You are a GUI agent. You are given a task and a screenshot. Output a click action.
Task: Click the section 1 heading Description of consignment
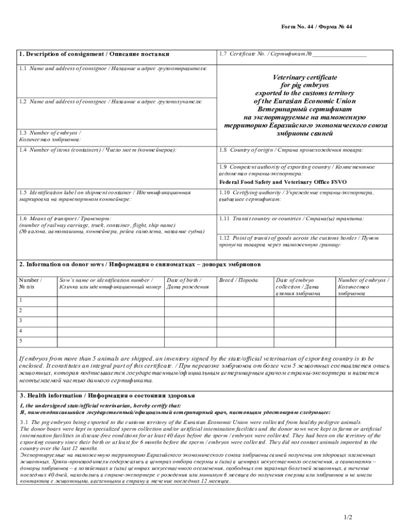[94, 55]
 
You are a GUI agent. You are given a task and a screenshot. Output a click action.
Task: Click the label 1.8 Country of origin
[291, 150]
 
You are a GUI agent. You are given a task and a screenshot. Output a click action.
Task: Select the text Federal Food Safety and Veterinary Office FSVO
[283, 182]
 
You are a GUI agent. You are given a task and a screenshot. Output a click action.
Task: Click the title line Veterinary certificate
[305, 77]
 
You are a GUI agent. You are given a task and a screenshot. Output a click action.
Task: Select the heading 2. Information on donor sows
[140, 264]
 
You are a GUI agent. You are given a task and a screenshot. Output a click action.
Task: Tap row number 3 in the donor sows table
[21, 320]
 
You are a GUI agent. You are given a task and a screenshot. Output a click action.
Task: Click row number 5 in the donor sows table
[21, 341]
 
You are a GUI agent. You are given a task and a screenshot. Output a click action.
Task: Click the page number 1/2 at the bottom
[348, 517]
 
